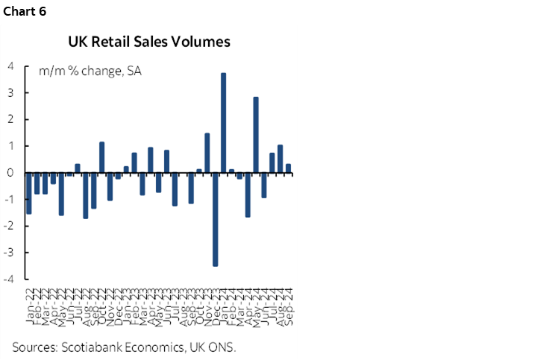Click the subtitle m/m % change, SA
(90, 72)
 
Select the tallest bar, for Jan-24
(223, 123)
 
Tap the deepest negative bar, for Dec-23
(215, 219)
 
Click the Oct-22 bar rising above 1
(101, 157)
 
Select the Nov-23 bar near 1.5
(207, 153)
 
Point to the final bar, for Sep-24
(289, 168)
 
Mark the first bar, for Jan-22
(28, 193)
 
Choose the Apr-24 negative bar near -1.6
(248, 195)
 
